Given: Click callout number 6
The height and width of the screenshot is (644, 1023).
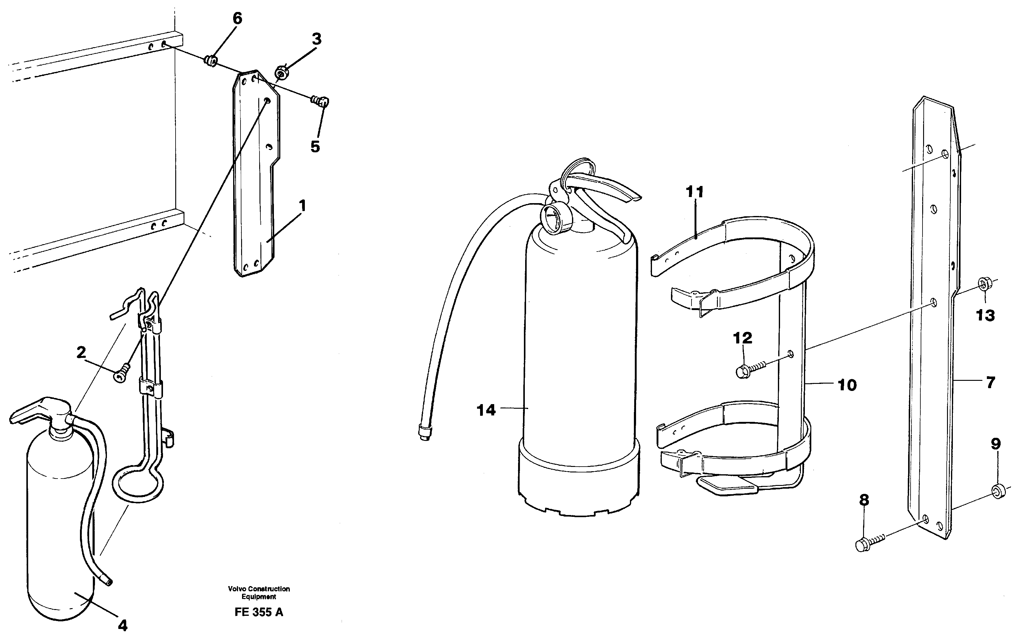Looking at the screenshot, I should coord(237,19).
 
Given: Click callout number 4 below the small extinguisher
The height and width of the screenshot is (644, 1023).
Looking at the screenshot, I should coord(122,625).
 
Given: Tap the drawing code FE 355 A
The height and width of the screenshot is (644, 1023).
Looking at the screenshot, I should coord(258,612).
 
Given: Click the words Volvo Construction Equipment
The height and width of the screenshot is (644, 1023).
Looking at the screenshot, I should coord(259,593).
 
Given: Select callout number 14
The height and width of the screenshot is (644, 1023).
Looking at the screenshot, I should coord(486,410).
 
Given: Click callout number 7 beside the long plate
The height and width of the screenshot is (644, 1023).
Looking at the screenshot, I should coord(990,383).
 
